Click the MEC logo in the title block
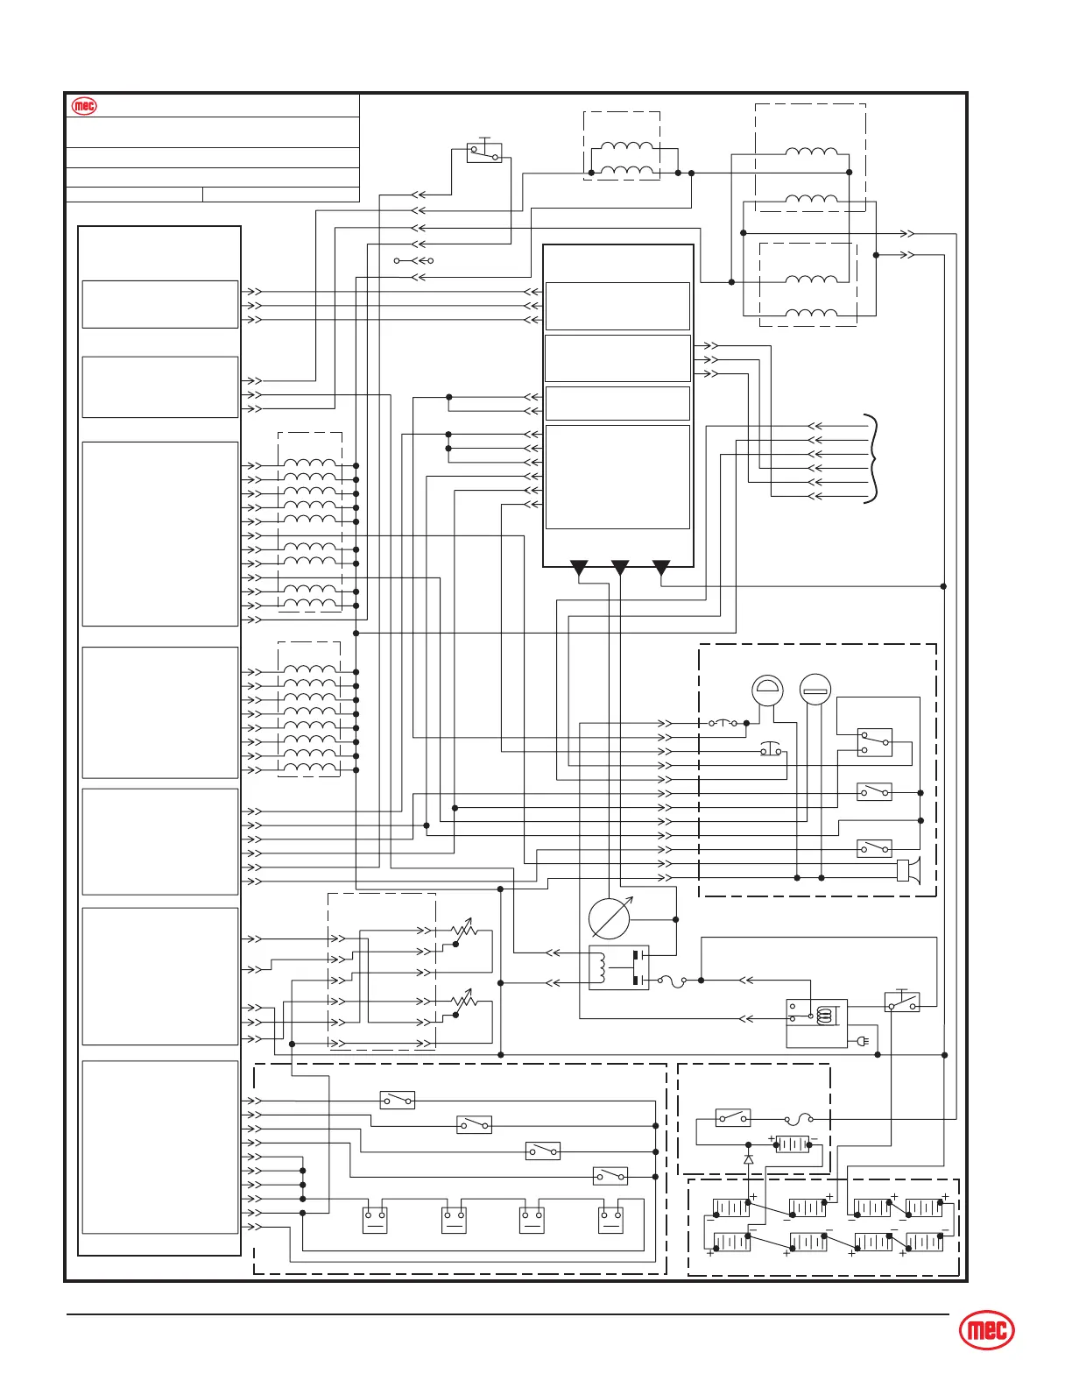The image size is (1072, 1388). pos(84,106)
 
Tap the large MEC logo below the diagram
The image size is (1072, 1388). pos(987,1332)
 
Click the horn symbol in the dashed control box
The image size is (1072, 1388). pos(908,870)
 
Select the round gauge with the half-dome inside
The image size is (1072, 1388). pos(768,690)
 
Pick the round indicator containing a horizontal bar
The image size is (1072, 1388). pos(815,690)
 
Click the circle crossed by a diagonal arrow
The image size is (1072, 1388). pos(610,918)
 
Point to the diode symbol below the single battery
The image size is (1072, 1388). pos(748,1159)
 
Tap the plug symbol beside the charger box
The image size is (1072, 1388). pos(863,1042)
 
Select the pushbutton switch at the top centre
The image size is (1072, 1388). pos(483,152)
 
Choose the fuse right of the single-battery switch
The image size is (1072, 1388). pos(799,1119)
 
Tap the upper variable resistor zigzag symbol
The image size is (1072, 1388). pos(464,931)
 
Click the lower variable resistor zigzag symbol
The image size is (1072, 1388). pos(464,1001)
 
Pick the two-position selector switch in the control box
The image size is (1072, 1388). pos(874,742)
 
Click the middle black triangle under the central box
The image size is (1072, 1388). pos(620,568)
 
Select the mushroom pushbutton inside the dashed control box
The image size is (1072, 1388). pos(771,750)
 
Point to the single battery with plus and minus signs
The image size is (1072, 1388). pos(793,1144)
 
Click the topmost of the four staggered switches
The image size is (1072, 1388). pos(397,1100)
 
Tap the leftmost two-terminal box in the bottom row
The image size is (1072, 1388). pos(375,1220)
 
